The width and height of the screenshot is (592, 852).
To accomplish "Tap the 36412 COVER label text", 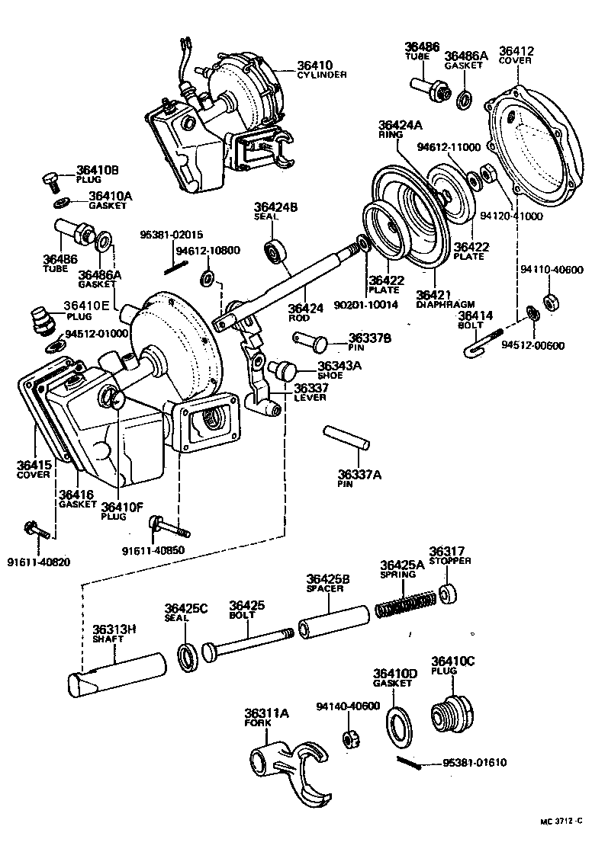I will (516, 57).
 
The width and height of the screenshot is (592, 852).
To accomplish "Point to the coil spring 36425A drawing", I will (406, 601).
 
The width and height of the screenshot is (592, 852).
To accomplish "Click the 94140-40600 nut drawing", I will (352, 738).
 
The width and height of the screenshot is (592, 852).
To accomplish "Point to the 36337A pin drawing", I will (346, 437).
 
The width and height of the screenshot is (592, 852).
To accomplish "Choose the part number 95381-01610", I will (475, 762).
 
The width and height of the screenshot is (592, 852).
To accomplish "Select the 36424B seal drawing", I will (275, 251).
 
